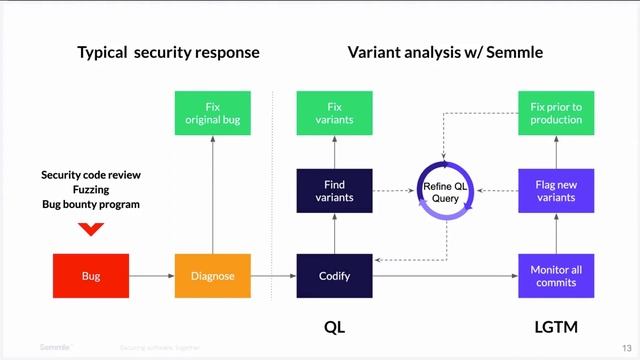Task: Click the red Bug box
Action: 91,276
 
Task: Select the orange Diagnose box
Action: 213,276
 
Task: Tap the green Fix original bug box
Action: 213,113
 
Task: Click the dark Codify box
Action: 334,276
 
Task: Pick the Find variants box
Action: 334,191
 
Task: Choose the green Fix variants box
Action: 334,113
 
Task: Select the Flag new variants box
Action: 556,191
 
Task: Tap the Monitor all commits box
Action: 556,276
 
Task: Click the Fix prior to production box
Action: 556,113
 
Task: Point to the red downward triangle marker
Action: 91,230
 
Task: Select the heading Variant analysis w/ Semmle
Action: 445,52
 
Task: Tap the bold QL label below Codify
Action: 334,327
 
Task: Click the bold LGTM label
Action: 556,327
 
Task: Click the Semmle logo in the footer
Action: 56,347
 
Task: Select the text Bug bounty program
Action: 91,204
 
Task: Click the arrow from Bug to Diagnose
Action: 152,276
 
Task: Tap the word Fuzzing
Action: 91,189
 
